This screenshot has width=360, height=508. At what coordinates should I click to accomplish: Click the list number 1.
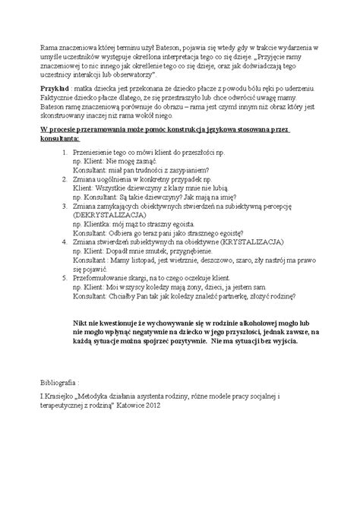click(x=62, y=153)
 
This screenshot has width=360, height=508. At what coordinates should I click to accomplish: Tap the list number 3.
click(x=62, y=203)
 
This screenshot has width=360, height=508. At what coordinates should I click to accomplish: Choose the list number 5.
click(x=62, y=277)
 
